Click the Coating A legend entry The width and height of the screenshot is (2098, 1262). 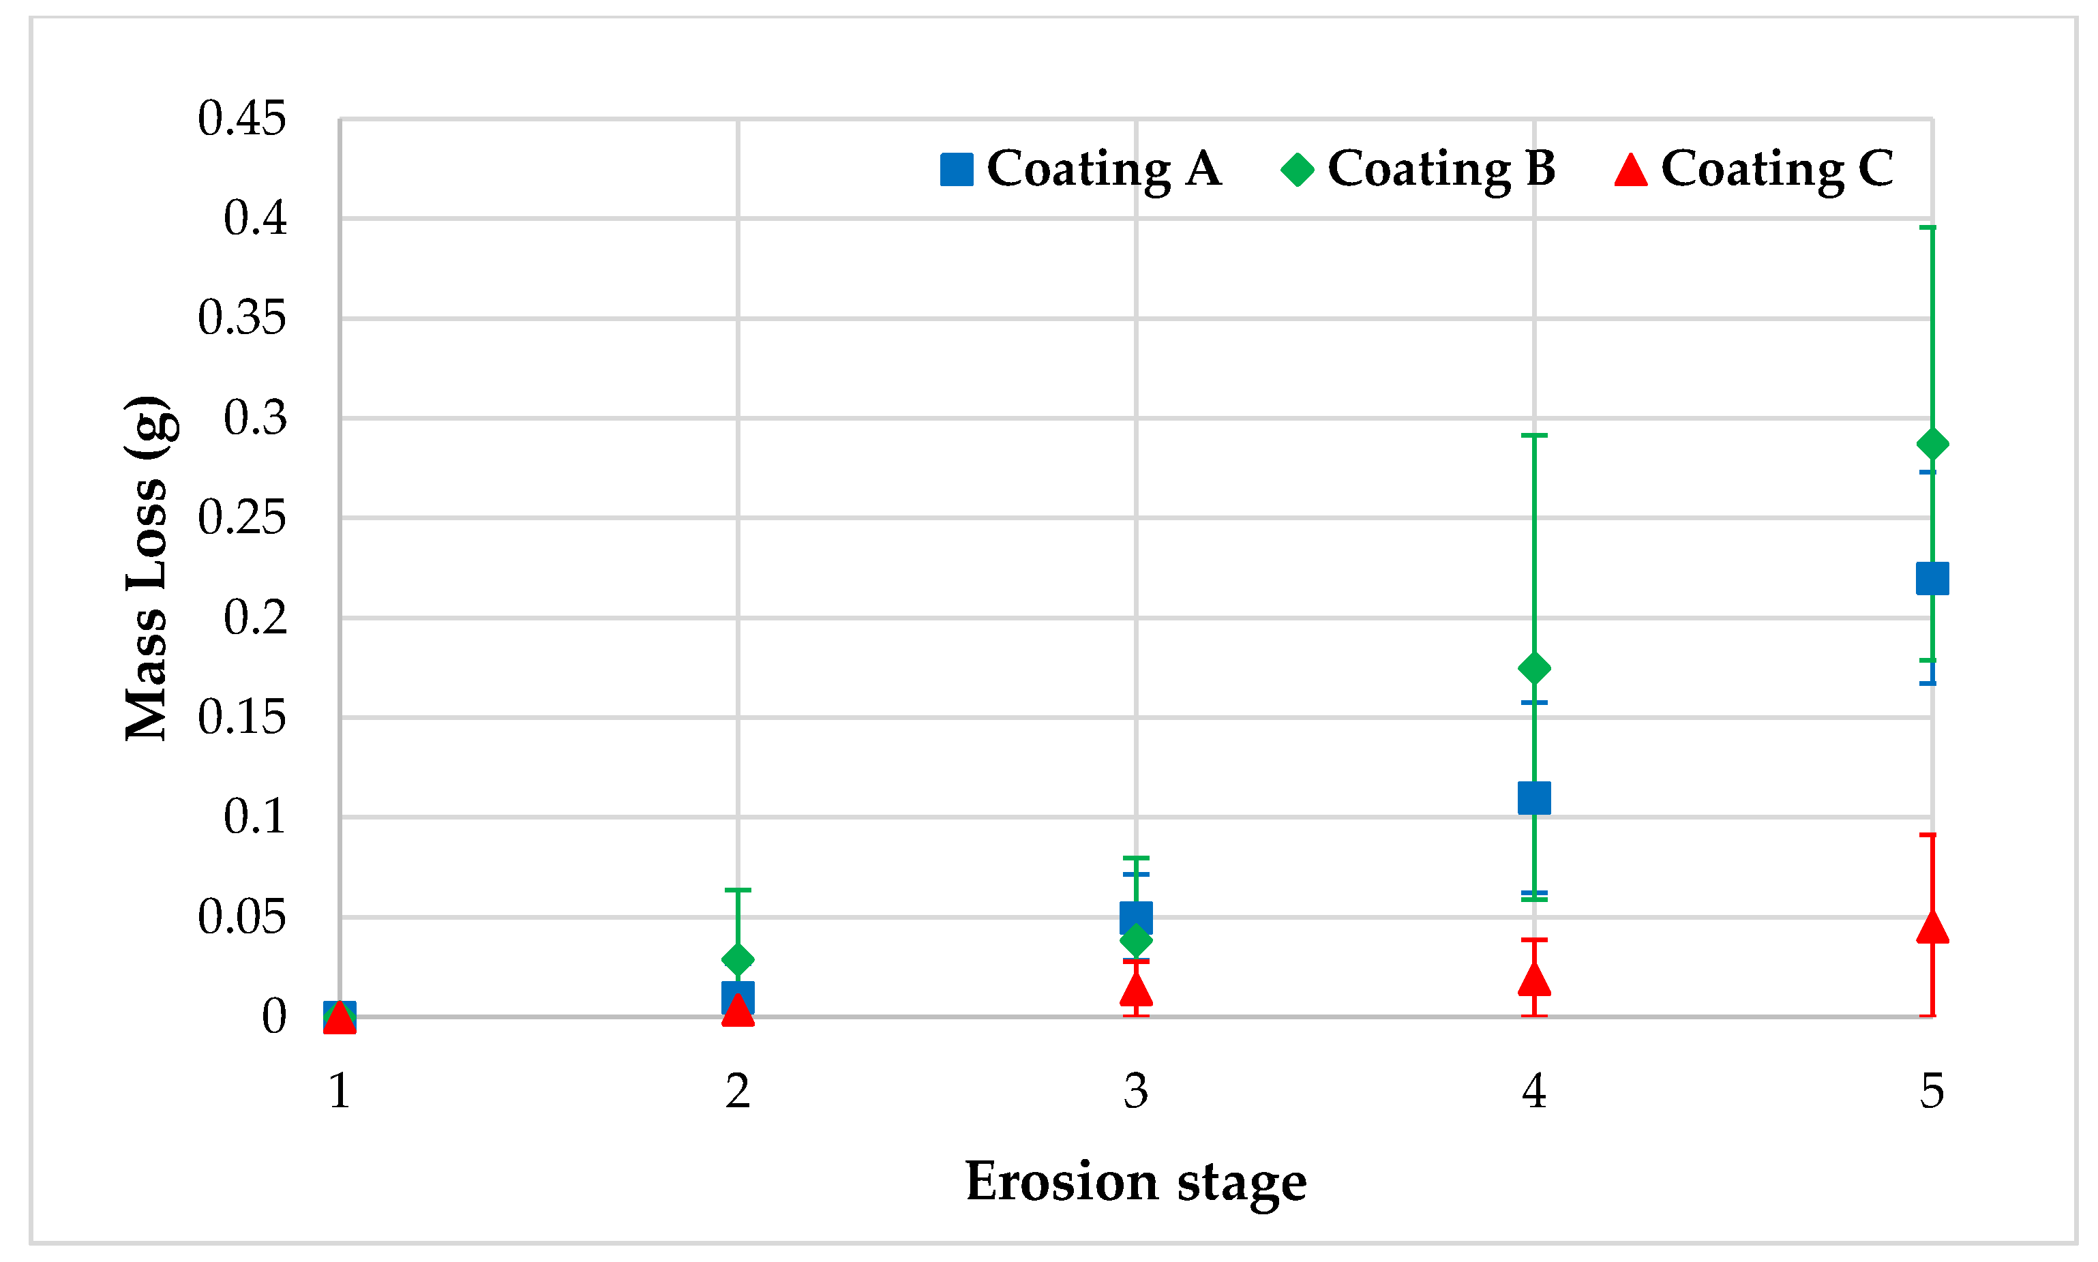[1080, 169]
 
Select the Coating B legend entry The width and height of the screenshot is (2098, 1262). [1418, 169]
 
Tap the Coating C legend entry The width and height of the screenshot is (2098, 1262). [1754, 169]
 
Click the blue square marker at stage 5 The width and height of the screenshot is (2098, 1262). [1932, 579]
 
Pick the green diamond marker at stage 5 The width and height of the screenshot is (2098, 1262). [1932, 444]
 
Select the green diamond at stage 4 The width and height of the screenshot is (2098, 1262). [1534, 668]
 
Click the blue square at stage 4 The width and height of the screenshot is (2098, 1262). [1534, 798]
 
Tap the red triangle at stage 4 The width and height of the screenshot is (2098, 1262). [1534, 980]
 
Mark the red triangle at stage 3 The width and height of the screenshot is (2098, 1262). [1136, 990]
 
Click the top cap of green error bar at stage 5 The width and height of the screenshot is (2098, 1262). [1932, 228]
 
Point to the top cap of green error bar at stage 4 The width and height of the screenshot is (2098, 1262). [1534, 436]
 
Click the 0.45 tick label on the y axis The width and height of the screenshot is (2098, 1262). [241, 119]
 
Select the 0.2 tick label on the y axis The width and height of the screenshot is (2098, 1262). [254, 618]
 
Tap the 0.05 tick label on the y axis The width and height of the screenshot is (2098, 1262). [241, 918]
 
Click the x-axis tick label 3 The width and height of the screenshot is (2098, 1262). [1136, 1091]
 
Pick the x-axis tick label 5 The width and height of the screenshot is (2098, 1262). [1932, 1091]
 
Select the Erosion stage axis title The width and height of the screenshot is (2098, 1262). [1136, 1183]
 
